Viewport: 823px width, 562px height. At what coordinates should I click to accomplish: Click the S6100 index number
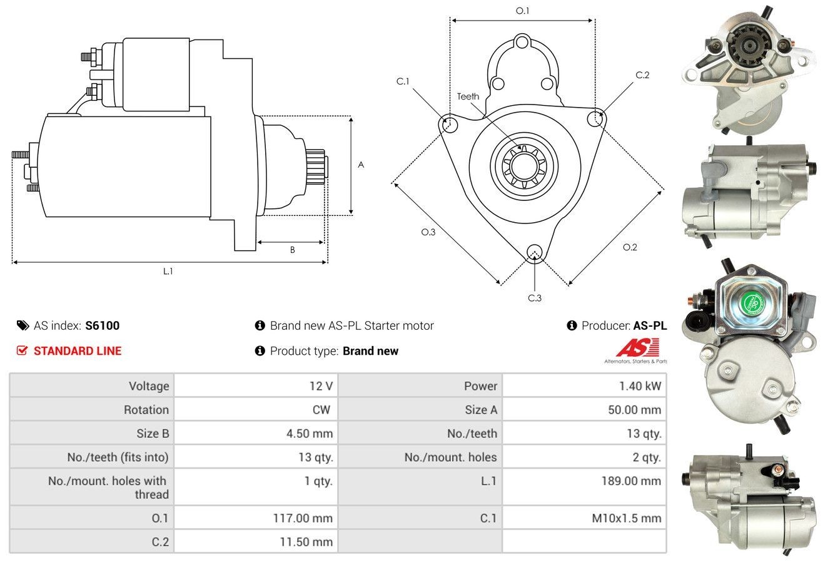tap(102, 325)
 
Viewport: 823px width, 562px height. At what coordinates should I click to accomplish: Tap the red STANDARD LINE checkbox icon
tap(22, 350)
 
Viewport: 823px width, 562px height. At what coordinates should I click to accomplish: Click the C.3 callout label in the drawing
tap(535, 298)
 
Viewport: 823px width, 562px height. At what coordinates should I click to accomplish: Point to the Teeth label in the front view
tap(468, 96)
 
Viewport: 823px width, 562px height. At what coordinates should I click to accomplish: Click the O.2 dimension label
tap(630, 247)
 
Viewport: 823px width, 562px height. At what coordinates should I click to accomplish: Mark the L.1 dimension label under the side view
tap(168, 271)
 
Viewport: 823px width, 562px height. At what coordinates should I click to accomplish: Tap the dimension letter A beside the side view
tap(361, 165)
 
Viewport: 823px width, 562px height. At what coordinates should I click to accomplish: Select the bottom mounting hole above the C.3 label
tap(534, 252)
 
